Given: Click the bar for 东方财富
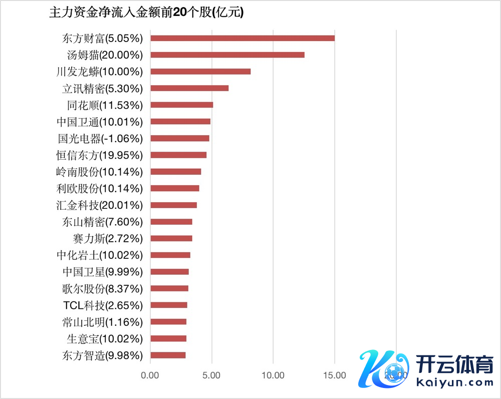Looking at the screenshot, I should [x=242, y=38].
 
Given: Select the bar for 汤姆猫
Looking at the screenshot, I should [x=227, y=55].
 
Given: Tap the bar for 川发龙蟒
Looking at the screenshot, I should [x=200, y=72].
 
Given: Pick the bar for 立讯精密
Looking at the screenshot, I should [x=189, y=88].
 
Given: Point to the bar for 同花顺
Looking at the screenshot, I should [x=182, y=105].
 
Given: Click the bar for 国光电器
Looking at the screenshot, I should [x=180, y=138].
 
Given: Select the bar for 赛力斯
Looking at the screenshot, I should [x=171, y=238].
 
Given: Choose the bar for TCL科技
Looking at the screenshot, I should [x=169, y=305].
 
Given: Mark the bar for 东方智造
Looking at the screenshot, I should [x=168, y=355].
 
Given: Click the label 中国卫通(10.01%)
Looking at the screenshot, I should [x=100, y=122].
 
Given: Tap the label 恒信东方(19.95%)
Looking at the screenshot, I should [x=100, y=155].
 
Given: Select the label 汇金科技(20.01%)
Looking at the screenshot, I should [x=100, y=205].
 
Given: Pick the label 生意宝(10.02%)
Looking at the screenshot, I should [x=105, y=339].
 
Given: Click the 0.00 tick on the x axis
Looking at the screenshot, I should [x=150, y=375].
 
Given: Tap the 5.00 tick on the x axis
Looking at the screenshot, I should [x=212, y=375].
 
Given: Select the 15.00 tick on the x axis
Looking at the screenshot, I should [x=335, y=375].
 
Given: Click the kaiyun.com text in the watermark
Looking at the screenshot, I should [x=454, y=382].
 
